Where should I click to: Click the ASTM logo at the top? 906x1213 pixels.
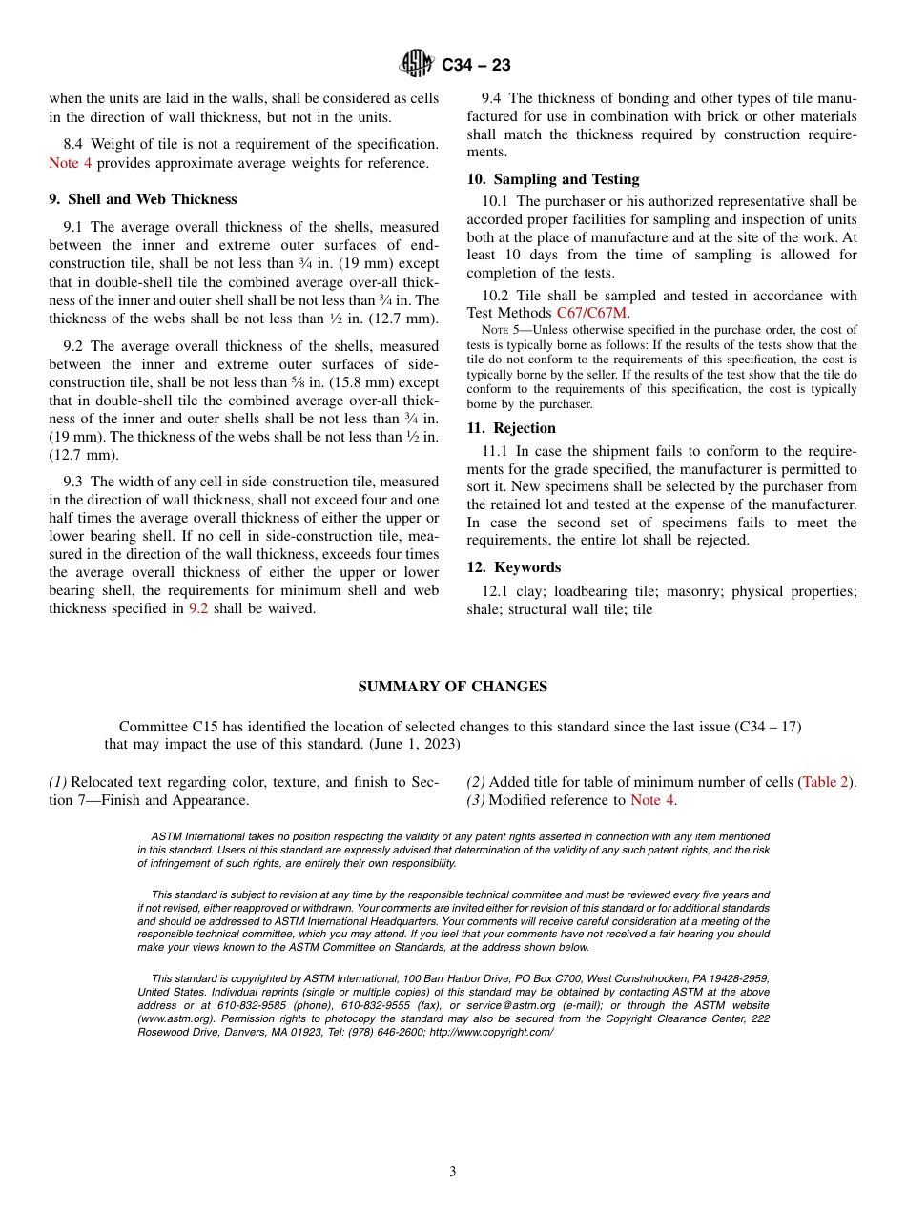(x=416, y=65)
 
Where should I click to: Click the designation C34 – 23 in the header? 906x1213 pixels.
(x=476, y=66)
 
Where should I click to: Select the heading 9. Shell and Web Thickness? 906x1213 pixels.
(x=143, y=199)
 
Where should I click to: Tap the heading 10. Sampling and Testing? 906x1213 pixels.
(x=553, y=179)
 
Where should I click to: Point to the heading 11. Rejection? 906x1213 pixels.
(x=511, y=428)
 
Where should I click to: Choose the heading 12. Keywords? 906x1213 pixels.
(x=514, y=567)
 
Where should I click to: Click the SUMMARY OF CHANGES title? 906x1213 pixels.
(x=453, y=687)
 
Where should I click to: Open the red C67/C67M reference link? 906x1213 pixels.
(x=592, y=313)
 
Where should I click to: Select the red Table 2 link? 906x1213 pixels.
(x=827, y=782)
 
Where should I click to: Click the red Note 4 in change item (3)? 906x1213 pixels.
(x=652, y=800)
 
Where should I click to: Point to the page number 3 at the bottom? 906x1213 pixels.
(x=453, y=1172)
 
